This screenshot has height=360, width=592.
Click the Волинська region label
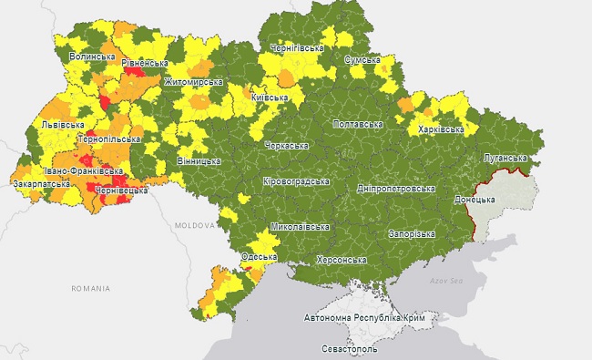click(x=92, y=57)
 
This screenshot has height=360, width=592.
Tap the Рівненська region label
click(x=145, y=63)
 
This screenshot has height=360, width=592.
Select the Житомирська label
click(x=193, y=82)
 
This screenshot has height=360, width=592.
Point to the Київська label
click(x=270, y=97)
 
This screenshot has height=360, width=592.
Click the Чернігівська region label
click(x=297, y=47)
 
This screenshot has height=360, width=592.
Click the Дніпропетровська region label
click(x=396, y=188)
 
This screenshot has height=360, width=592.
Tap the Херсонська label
click(x=341, y=260)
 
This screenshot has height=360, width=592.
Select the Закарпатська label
click(x=41, y=183)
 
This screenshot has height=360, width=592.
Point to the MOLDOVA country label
click(x=195, y=224)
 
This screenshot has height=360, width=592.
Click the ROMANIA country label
click(x=90, y=288)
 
